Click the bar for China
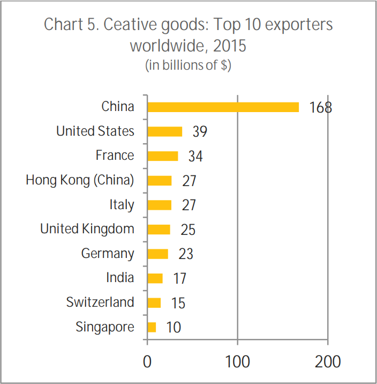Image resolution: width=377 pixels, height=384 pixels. tap(223, 107)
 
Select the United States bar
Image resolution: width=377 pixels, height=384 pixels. tap(164, 131)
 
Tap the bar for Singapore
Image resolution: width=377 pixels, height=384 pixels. tap(152, 327)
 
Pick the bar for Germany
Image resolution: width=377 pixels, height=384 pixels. tap(157, 254)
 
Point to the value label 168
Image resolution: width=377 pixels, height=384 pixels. tap(320, 107)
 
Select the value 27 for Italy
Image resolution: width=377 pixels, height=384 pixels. tap(189, 205)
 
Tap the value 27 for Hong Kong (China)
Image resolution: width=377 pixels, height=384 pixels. tap(189, 181)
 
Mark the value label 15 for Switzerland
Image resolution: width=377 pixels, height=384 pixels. tap(178, 303)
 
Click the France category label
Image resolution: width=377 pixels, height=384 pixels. tap(115, 156)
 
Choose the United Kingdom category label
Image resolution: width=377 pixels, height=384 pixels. tap(87, 229)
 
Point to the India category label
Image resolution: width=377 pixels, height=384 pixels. tap(120, 278)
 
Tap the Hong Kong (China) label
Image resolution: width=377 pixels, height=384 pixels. tap(80, 180)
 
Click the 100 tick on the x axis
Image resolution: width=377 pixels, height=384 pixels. tap(237, 361)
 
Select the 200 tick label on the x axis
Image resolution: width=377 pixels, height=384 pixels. tap(328, 361)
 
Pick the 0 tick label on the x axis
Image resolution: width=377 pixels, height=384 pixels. tap(147, 361)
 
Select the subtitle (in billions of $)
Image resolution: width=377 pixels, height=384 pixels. tap(188, 65)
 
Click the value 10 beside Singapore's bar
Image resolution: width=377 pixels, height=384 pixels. tap(174, 327)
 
